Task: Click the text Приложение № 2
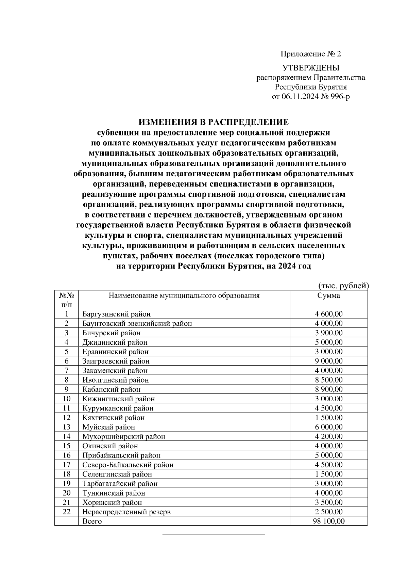pos(310,54)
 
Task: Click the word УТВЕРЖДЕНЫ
pos(311,68)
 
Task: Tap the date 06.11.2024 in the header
pos(300,97)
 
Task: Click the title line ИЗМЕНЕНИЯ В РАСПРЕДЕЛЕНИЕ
pos(214,122)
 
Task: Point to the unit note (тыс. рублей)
pos(343,286)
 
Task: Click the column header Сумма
pos(328,295)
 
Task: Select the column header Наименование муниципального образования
pos(184,295)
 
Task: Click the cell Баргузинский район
pos(116,314)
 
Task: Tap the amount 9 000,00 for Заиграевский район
pos(328,361)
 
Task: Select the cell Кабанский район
pos(111,389)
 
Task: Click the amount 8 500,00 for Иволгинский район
pos(328,380)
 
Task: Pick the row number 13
pos(67,427)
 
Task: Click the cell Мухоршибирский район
pos(124,436)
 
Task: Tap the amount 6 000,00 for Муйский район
pos(328,427)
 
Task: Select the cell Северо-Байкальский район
pos(128,465)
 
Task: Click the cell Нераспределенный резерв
pos(126,512)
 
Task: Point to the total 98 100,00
pos(328,521)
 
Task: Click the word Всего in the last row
pos(92,521)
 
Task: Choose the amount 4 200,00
pos(328,436)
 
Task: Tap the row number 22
pos(67,512)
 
